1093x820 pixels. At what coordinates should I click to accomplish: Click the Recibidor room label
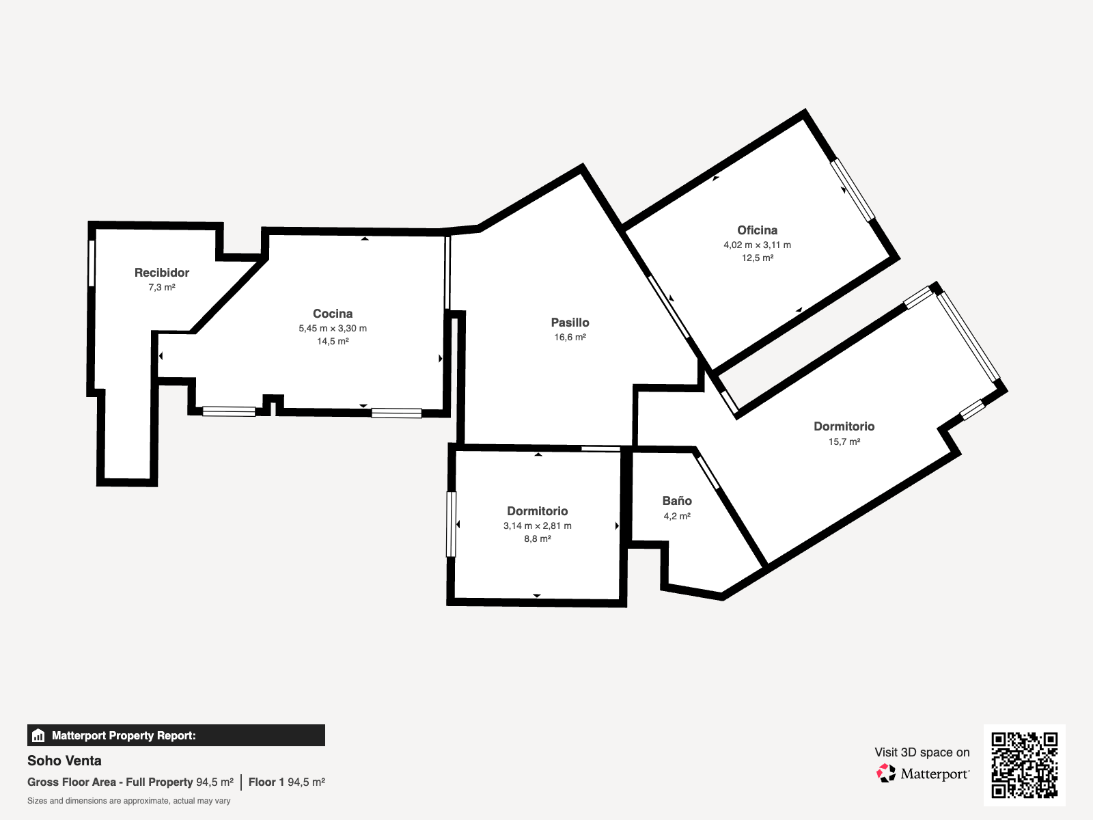161,273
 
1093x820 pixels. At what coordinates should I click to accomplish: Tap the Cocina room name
333,314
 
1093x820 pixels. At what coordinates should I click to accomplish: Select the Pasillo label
570,323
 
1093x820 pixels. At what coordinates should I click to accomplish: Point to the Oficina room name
757,230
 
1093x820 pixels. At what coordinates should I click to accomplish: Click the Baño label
676,501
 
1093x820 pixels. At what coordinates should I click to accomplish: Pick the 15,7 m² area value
844,441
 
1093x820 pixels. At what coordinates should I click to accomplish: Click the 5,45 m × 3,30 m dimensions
333,328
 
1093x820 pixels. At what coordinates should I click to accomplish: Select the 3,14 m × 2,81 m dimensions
537,525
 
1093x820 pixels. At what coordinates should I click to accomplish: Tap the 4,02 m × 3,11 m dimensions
757,245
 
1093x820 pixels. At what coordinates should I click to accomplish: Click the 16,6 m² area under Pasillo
570,337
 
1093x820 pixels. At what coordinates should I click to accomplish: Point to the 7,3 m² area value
161,287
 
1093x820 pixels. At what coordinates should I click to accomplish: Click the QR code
1024,765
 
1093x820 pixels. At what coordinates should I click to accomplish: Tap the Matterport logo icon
886,773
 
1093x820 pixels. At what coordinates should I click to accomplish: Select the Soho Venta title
64,761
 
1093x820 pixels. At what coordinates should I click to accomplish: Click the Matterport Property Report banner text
124,735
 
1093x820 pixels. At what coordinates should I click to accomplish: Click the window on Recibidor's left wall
92,263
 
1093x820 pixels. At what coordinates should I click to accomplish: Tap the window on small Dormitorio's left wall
451,524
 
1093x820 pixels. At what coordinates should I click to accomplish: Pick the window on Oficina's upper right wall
852,190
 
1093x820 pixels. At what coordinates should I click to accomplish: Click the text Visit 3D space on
922,752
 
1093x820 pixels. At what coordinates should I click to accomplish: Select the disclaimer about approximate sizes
128,801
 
